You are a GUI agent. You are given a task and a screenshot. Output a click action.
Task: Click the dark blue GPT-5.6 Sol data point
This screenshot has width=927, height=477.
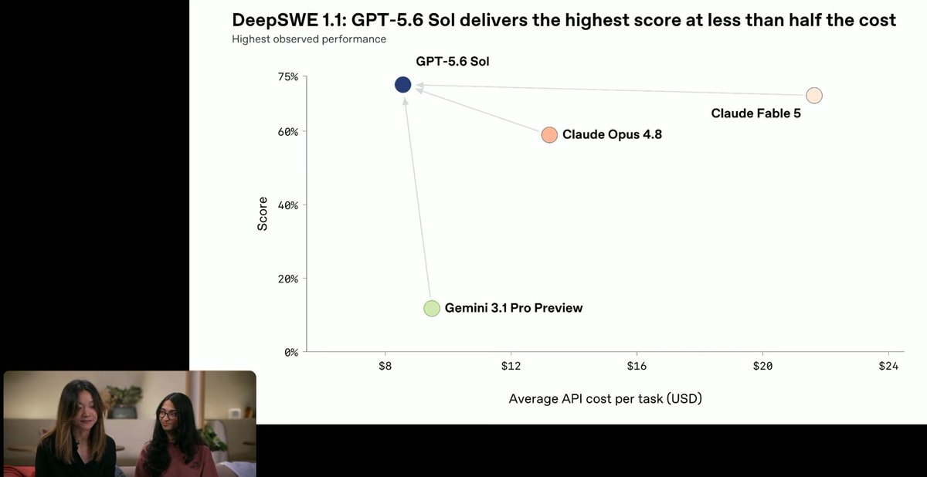[402, 85]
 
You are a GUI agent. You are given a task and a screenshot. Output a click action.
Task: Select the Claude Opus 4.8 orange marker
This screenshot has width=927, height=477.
[549, 135]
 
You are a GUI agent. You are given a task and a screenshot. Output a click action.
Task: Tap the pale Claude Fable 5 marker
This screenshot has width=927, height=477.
[814, 96]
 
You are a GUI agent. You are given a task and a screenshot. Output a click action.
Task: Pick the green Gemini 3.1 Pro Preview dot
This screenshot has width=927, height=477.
[432, 309]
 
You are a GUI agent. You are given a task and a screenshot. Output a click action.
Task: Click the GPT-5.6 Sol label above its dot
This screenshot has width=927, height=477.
[453, 62]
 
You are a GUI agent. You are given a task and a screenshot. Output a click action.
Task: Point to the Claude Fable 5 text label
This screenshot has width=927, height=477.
[756, 113]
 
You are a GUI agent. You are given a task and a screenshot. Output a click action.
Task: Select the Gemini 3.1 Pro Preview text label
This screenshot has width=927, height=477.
[514, 308]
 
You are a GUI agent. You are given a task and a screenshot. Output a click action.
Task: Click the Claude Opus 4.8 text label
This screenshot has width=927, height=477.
[612, 134]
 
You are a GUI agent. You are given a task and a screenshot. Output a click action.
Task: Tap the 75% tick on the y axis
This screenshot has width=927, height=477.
[288, 77]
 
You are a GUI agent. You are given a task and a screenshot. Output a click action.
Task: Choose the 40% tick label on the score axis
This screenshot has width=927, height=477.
[288, 205]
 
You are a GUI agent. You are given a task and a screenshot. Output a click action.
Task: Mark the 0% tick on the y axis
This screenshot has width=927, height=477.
[291, 353]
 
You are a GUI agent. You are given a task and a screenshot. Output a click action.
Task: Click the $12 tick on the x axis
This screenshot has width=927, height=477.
[511, 366]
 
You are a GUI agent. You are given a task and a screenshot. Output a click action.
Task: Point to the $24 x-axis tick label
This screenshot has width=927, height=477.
[888, 366]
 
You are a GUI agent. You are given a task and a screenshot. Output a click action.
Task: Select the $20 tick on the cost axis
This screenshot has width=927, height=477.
[762, 366]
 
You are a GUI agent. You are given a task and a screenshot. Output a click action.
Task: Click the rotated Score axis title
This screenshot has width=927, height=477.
[263, 214]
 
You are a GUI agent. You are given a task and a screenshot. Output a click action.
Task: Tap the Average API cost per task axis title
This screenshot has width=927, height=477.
[606, 398]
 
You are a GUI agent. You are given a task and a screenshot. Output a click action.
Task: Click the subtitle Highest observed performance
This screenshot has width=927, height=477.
[309, 39]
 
